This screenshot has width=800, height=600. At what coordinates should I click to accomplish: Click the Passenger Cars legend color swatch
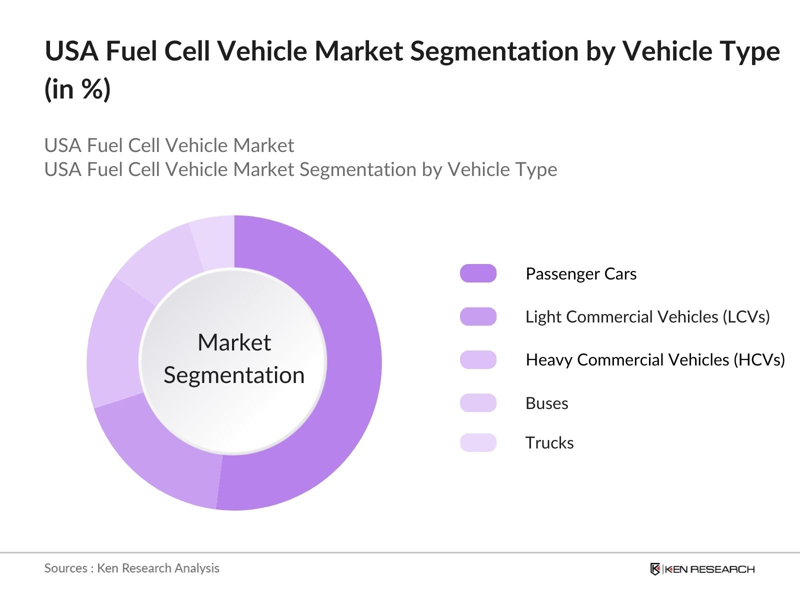coord(478,273)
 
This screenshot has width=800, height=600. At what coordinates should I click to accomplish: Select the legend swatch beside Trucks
coord(478,442)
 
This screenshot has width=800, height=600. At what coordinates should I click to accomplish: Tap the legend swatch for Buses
coord(478,403)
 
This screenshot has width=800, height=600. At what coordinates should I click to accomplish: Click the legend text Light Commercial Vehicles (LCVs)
coord(647,316)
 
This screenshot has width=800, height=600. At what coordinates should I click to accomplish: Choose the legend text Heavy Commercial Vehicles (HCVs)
coord(655,359)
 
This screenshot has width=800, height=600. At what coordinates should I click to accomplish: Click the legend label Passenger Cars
coord(581,273)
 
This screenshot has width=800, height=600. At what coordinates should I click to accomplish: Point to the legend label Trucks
coord(549,442)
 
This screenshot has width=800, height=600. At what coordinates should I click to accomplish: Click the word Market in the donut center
coord(234,343)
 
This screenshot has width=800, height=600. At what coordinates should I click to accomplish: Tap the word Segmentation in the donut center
coord(234,375)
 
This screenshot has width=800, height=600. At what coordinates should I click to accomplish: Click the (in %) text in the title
coord(77,90)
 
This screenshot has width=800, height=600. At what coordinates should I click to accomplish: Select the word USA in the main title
coord(71,51)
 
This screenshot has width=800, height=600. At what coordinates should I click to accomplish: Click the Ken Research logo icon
coord(655,569)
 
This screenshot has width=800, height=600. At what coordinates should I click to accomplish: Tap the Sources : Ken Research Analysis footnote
coord(131,568)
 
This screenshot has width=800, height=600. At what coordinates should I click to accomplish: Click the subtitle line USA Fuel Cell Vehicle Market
coord(169,145)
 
